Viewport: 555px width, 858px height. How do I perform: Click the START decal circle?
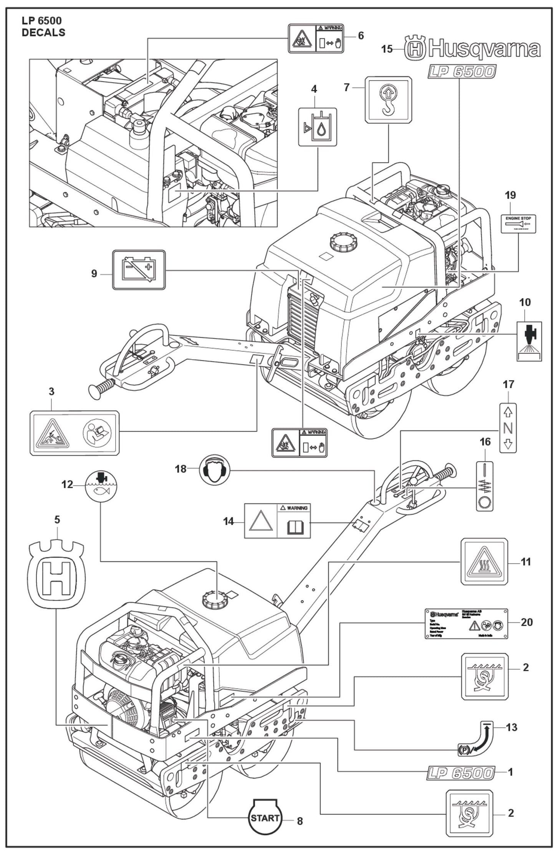pos(265,818)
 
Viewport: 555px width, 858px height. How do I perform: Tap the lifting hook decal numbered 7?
pos(388,100)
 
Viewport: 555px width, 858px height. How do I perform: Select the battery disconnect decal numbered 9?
pos(139,270)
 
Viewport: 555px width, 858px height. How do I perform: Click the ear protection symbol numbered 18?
pos(215,469)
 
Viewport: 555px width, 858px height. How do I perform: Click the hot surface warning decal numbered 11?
pos(484,561)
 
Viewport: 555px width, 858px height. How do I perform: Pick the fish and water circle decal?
pos(101,485)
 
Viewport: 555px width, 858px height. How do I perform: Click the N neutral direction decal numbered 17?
pos(508,428)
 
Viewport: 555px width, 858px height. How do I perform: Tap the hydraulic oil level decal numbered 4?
pos(318,127)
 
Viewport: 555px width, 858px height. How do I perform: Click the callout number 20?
pos(527,622)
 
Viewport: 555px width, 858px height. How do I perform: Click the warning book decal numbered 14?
pos(277,521)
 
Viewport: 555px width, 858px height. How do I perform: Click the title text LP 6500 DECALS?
pos(43,26)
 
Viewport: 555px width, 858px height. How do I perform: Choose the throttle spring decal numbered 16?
pos(485,486)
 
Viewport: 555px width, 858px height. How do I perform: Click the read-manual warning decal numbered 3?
pos(75,433)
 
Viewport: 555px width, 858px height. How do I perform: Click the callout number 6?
pos(360,36)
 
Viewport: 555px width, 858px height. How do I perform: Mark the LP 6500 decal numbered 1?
pos(460,773)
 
